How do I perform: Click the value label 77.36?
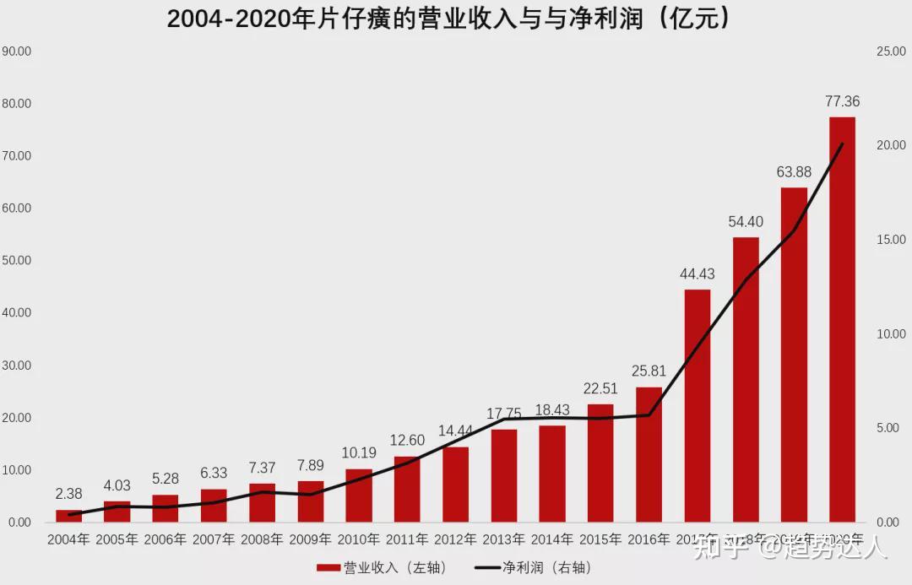pos(842,102)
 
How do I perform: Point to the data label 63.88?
pos(794,172)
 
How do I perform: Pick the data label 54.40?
pos(746,222)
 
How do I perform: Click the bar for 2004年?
pos(68,516)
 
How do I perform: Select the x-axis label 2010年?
pos(358,539)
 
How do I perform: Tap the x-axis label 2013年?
pos(503,539)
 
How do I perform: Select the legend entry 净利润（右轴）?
pos(533,567)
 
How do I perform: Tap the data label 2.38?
pos(68,493)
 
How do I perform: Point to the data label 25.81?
pos(649,371)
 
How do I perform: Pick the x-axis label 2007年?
pos(214,539)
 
